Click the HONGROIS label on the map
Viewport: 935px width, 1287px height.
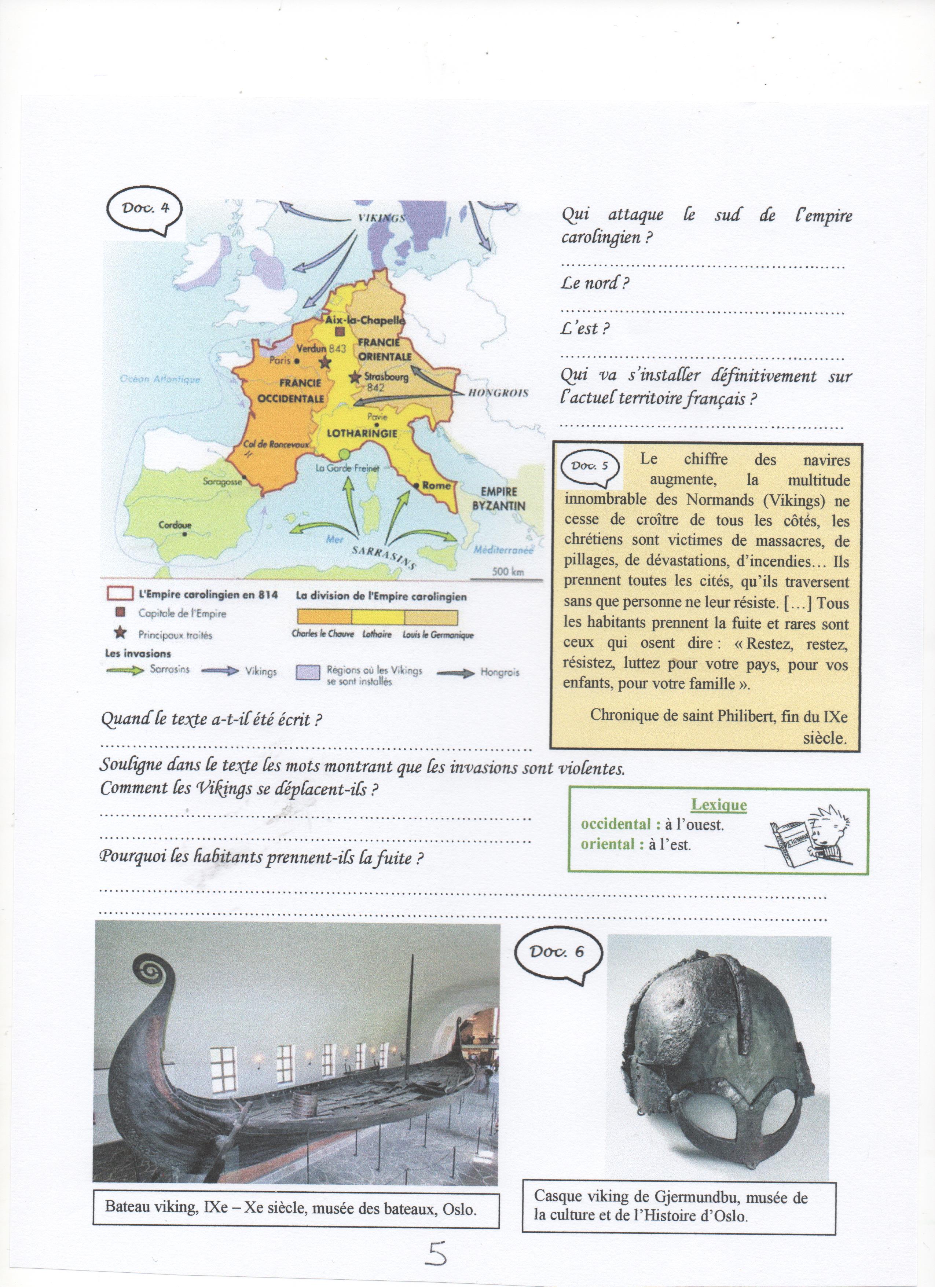[499, 393]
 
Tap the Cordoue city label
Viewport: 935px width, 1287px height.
[174, 525]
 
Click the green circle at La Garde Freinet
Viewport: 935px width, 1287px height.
[343, 454]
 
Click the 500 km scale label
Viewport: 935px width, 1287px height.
[508, 572]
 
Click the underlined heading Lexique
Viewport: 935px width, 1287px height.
[718, 805]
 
